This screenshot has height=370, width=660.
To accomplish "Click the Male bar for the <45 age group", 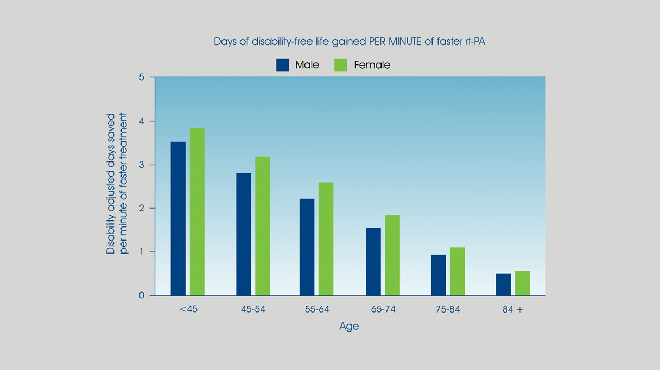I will pos(178,218).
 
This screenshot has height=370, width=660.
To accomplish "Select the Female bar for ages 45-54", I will pos(262,226).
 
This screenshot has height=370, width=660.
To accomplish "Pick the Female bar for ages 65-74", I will pos(392,255).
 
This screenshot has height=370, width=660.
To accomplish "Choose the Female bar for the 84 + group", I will pos(522,283).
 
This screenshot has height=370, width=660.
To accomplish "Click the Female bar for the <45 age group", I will pos(197,212).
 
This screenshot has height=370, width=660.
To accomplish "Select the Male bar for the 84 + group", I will pos(503,284).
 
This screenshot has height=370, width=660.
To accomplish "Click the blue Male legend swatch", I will pos(283,64).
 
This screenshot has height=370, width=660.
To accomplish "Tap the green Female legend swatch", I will pos(341,64).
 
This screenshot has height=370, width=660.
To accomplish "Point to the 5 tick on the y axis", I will pos(142,77).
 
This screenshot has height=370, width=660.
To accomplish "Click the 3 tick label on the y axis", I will pos(142,165).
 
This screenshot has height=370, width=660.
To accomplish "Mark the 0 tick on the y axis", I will pos(142,295).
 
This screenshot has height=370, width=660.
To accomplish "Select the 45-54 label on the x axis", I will pos(252,310).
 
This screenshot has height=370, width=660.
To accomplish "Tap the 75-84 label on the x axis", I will pos(448,310).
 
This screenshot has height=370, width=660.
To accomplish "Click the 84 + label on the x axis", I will pos(512,310).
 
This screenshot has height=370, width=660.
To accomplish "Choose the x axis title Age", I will pos(349,327).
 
